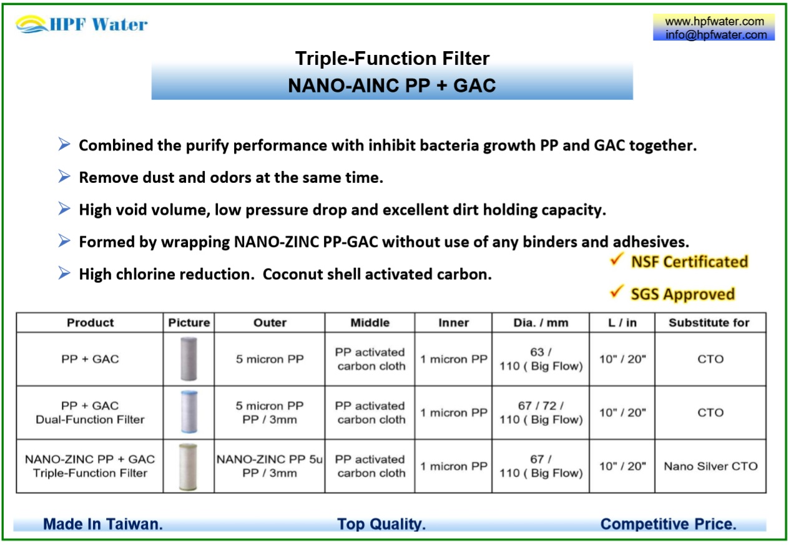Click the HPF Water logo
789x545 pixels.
point(82,24)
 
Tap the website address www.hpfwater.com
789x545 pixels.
point(714,21)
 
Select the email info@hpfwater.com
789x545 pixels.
point(715,35)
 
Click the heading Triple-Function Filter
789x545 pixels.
point(392,59)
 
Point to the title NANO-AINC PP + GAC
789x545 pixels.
point(392,86)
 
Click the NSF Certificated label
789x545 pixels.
point(689,262)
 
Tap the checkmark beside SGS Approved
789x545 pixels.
point(617,292)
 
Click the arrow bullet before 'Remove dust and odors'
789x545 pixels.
point(64,177)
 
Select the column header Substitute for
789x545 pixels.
point(708,323)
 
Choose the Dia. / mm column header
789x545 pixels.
point(540,323)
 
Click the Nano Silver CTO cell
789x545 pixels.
point(710,466)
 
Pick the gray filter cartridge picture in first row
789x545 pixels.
point(189,359)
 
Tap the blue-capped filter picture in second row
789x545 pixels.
point(189,412)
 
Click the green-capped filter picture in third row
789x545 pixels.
point(189,466)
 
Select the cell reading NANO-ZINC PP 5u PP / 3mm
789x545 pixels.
point(269,466)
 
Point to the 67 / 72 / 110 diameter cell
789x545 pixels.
point(540,413)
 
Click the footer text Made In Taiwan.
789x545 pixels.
point(103,524)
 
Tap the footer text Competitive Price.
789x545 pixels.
point(668,524)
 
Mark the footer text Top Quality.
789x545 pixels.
point(381,524)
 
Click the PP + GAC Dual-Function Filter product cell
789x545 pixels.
point(90,413)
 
